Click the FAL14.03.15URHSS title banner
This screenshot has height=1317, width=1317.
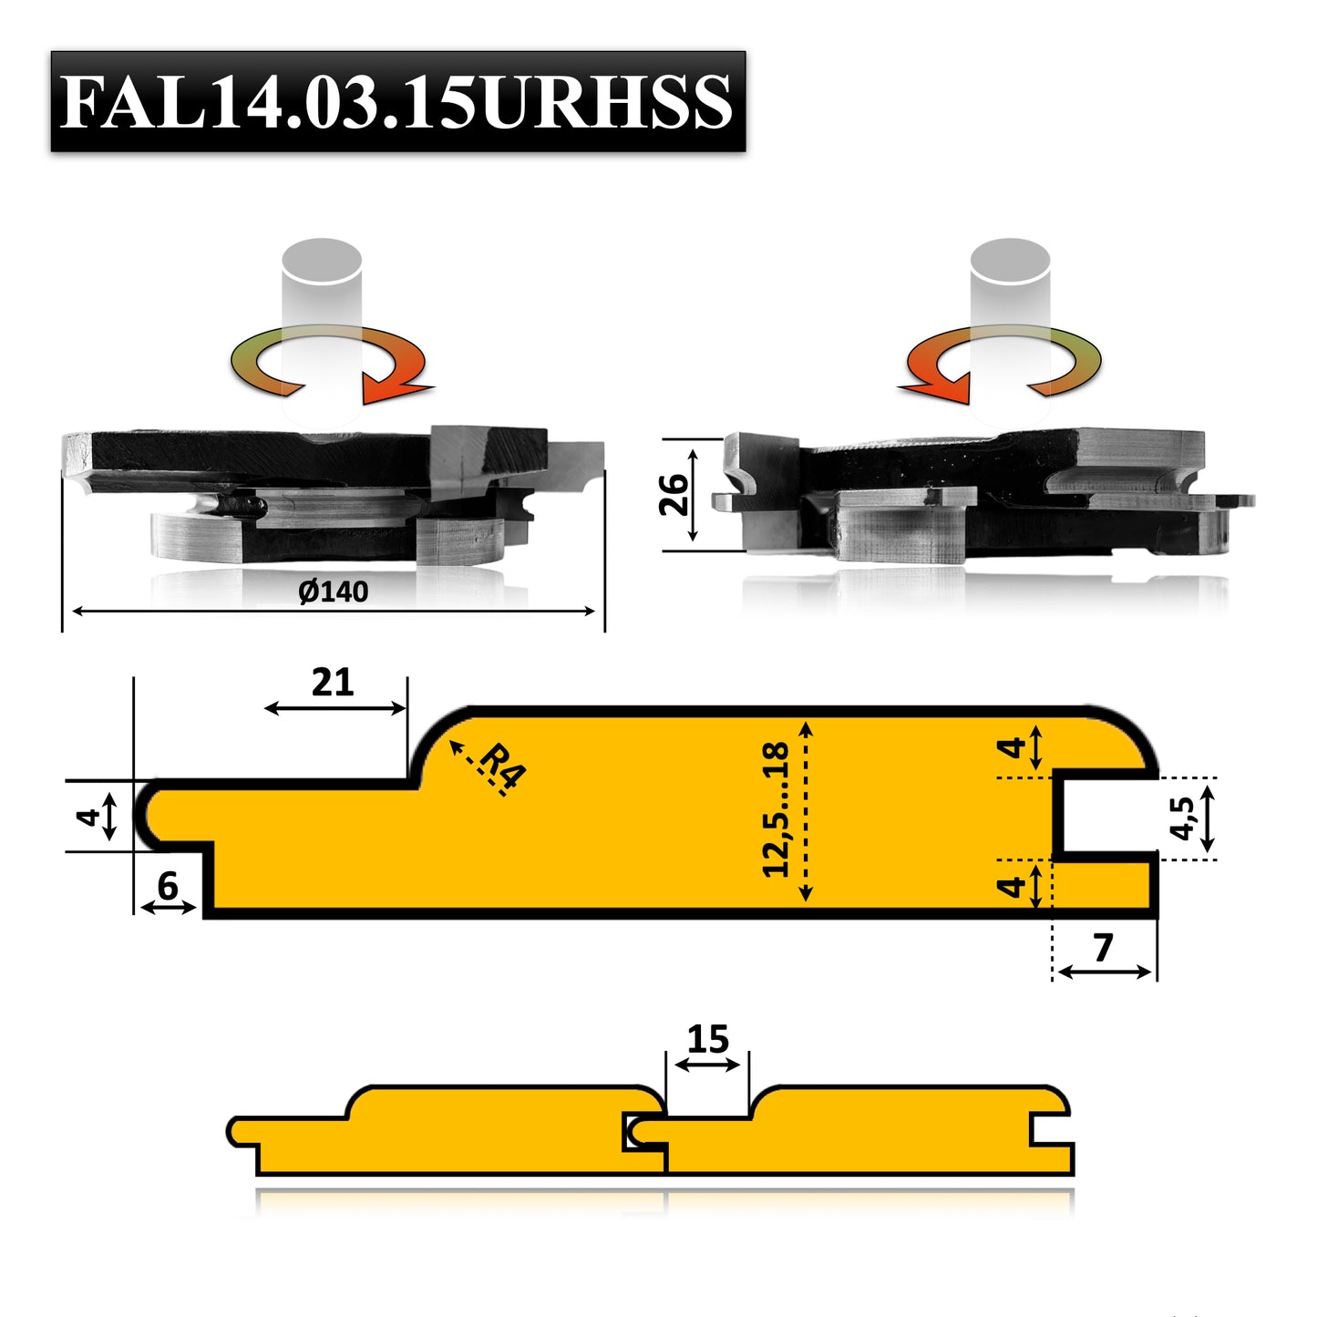point(397,101)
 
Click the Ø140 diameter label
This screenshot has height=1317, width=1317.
point(334,592)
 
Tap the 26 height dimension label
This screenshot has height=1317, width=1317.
point(674,495)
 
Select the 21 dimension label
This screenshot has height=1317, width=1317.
point(333,683)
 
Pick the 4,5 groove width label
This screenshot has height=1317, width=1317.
point(1182,817)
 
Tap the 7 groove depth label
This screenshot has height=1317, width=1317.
point(1104,948)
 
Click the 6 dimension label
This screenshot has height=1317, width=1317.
point(168,886)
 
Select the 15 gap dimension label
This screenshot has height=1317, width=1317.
point(708,1039)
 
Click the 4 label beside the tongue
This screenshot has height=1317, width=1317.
point(87,816)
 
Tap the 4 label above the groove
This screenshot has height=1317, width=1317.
point(1011,748)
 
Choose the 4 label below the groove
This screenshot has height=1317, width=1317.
point(1011,885)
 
